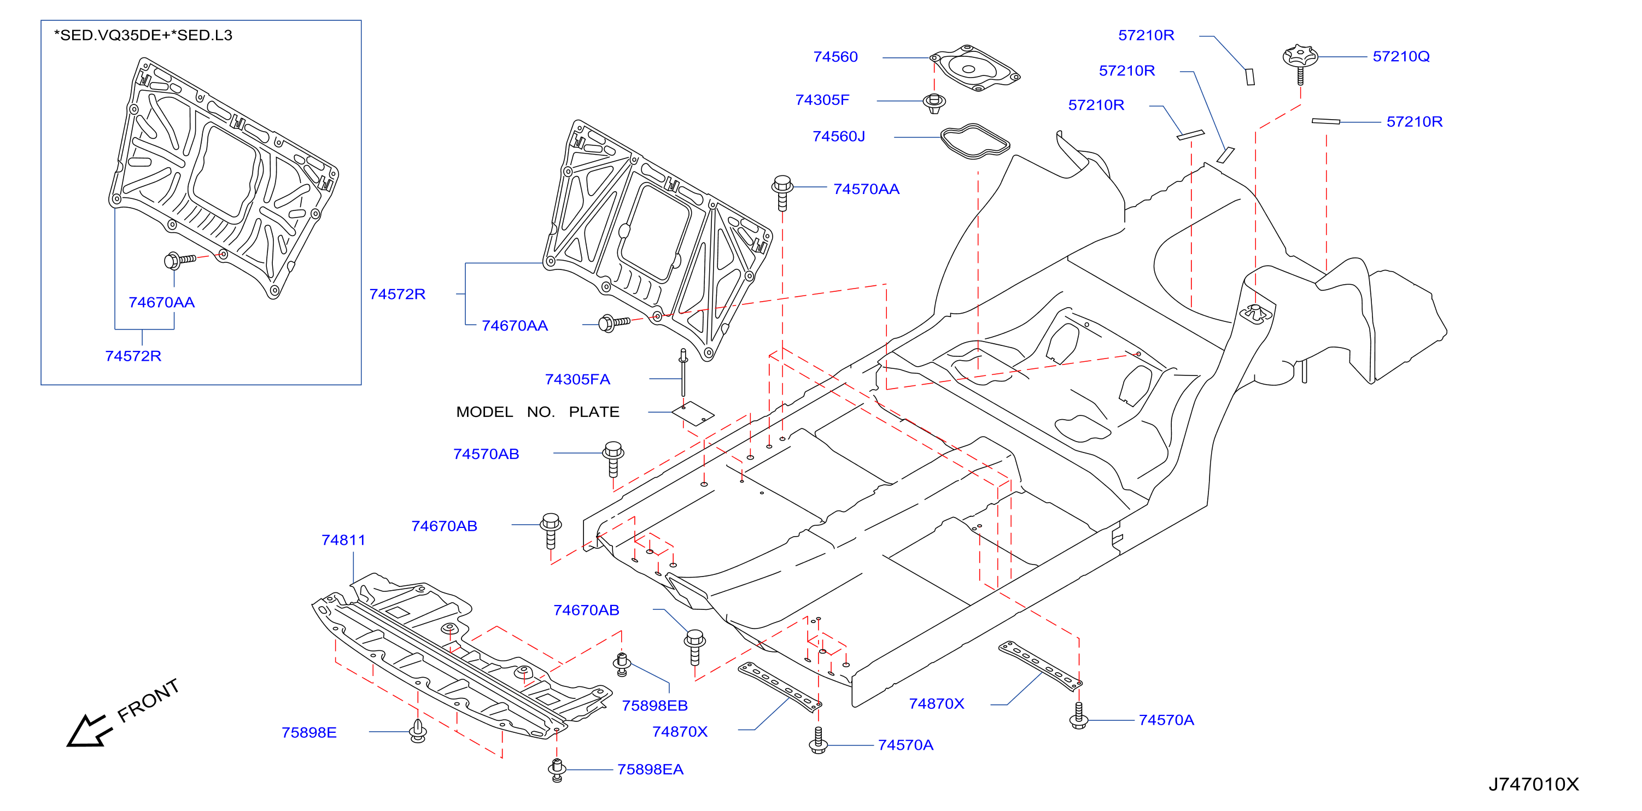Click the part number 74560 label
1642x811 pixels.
835,57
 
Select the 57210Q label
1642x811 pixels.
1400,57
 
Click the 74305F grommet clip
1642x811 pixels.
934,103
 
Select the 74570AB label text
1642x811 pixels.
486,454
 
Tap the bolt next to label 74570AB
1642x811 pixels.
613,459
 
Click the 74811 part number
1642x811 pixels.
343,540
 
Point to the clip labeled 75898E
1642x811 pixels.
418,731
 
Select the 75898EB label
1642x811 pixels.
655,706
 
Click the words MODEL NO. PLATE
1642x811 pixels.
537,412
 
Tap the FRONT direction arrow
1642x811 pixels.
89,731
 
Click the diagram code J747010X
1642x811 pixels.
1534,784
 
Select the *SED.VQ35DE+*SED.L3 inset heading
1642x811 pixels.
143,36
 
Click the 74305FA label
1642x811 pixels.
577,380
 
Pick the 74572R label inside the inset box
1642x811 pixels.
133,356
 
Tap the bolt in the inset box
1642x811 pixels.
180,260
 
